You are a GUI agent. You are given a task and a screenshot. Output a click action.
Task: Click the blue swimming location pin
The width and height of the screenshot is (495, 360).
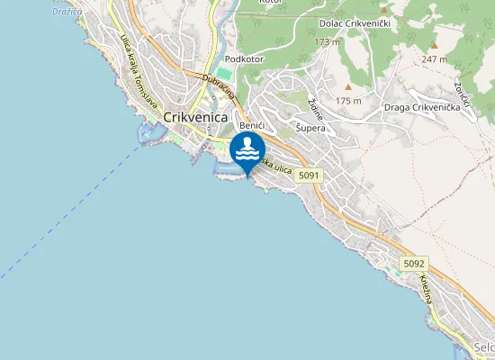[x=247, y=151]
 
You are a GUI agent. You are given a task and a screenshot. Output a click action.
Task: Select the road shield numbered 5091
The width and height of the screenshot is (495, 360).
[x=309, y=175]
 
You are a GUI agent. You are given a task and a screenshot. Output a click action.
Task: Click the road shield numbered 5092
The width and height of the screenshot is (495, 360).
[x=413, y=263]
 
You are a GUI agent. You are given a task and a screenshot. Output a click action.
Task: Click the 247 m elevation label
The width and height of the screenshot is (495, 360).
[x=435, y=58]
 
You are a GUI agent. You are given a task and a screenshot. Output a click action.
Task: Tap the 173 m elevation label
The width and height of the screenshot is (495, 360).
[x=328, y=41]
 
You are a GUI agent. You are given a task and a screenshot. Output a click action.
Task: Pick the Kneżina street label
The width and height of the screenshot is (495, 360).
[x=424, y=290]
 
